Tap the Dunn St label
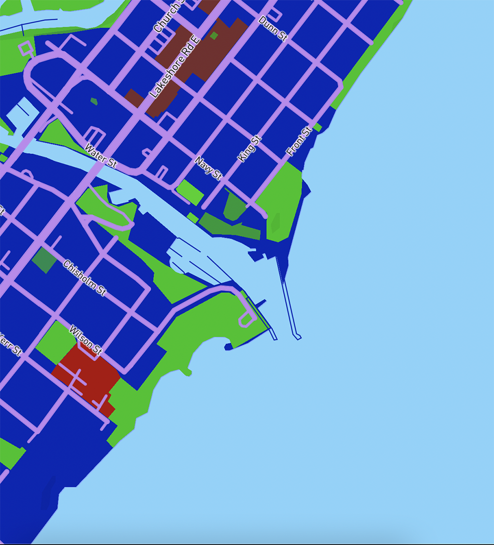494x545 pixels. click(x=273, y=29)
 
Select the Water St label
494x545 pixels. click(x=101, y=156)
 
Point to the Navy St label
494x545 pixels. click(x=208, y=168)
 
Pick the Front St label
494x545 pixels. click(x=300, y=142)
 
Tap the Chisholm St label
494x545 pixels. click(x=85, y=278)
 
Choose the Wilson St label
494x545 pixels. click(x=85, y=340)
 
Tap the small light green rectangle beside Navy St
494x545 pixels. click(x=190, y=192)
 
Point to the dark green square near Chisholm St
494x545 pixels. click(x=44, y=260)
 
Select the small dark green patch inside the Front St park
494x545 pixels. click(x=275, y=223)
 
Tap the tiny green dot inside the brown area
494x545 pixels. click(x=214, y=36)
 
